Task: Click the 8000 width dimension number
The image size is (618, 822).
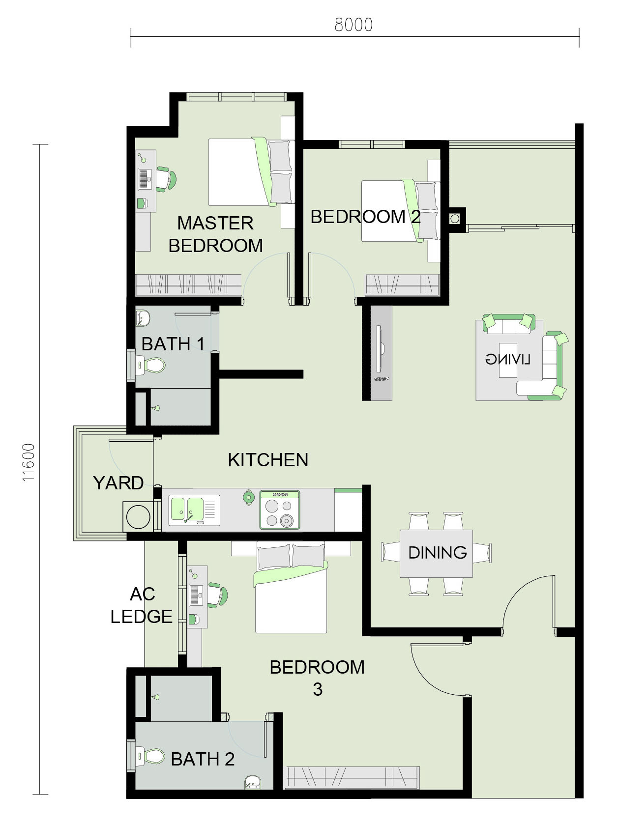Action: coord(353,25)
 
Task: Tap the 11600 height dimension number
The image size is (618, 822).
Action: coord(29,462)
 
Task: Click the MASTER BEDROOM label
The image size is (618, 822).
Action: coord(215,234)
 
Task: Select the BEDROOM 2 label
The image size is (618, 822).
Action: coord(366,217)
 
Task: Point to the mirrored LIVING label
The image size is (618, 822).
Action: coord(507,360)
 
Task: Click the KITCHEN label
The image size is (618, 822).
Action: coord(268,460)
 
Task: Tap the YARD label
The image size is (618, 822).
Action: coord(118,483)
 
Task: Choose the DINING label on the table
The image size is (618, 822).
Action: coord(438,552)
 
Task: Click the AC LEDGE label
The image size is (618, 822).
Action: coord(142,605)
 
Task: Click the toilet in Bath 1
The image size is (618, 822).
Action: coord(150,365)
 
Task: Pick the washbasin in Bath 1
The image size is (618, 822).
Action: coord(142,318)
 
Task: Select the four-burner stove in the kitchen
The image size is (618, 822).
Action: coord(280,510)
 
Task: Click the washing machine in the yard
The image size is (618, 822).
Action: coord(138,517)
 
